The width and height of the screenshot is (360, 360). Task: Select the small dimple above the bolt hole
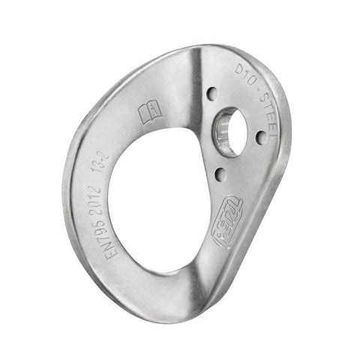[x=212, y=94]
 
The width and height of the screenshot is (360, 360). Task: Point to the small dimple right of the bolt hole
[x=260, y=137]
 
